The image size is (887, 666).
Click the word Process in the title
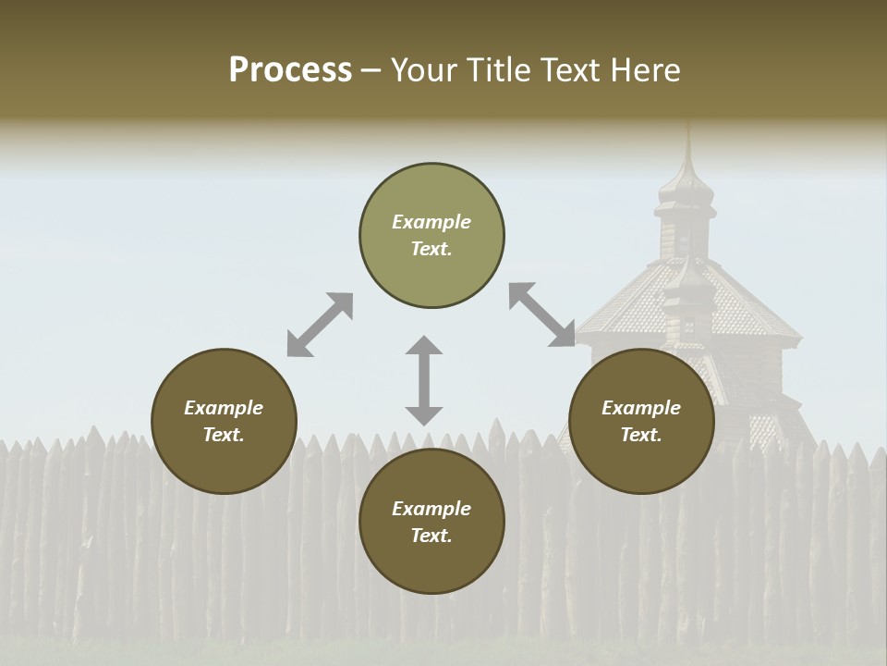pos(290,70)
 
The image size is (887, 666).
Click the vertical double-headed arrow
pos(424,380)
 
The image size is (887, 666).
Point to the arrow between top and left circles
pos(320,324)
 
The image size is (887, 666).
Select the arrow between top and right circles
pos(542,315)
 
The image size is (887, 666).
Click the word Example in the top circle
pos(431,222)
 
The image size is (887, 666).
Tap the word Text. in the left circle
pos(224,435)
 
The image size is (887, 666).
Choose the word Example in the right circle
pos(641,408)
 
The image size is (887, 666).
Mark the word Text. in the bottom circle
pos(431,536)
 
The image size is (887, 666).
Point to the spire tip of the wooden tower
pos(687,129)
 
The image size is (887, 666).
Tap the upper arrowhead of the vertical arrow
pos(424,347)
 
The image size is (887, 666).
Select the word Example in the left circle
pos(224,408)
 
